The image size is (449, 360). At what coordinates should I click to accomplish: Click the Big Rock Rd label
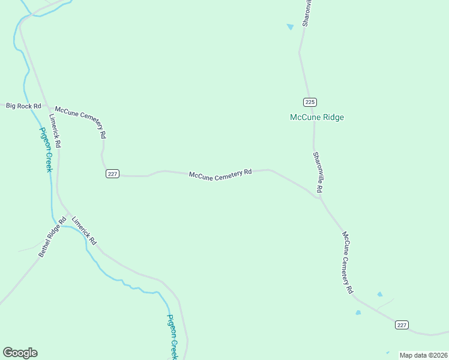(23, 106)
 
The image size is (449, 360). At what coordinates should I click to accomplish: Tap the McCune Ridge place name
(317, 117)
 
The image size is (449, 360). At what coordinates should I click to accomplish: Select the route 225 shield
(309, 101)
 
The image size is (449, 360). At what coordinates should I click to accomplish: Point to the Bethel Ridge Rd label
(52, 241)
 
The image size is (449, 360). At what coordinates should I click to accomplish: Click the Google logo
(20, 353)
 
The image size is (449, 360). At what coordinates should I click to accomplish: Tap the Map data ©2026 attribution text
(423, 355)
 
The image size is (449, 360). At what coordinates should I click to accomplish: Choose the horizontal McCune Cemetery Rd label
(220, 173)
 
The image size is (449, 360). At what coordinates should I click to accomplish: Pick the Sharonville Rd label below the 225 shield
(318, 172)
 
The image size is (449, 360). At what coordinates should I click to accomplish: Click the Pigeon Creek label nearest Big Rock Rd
(46, 149)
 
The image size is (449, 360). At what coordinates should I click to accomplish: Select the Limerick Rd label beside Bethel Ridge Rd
(84, 230)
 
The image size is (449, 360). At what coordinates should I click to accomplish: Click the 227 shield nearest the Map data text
(402, 325)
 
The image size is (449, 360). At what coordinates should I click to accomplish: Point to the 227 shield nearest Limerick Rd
(113, 174)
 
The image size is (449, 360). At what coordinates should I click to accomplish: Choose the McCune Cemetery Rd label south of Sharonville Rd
(347, 262)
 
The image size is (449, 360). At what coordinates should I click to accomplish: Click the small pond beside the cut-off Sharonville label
(291, 26)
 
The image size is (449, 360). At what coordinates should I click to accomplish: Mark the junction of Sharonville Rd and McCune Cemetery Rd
(317, 196)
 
